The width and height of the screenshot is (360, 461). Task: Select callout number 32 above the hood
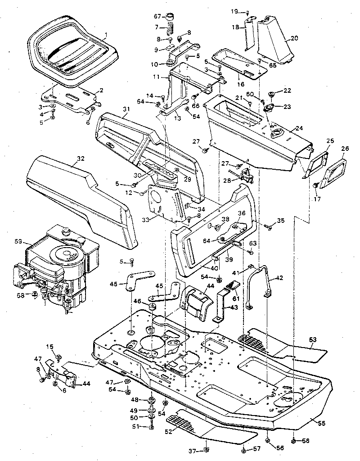[x=81, y=158]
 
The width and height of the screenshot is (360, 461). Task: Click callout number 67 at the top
[x=157, y=17]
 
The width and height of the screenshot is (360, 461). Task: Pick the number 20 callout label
[x=294, y=38]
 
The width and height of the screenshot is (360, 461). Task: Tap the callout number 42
[x=279, y=278]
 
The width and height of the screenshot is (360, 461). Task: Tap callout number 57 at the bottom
[x=257, y=449]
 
